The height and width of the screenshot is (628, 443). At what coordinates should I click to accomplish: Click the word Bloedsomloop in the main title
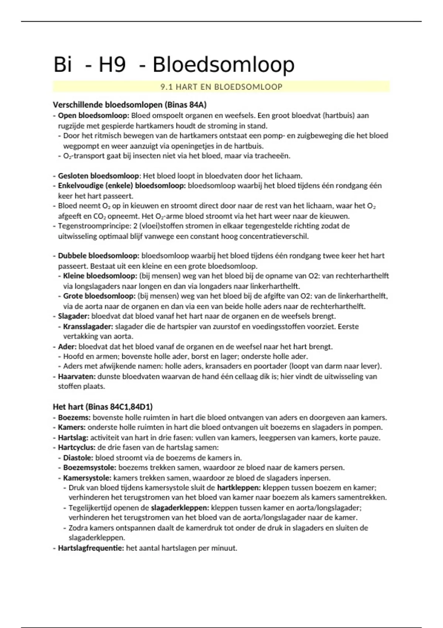pyautogui.click(x=223, y=65)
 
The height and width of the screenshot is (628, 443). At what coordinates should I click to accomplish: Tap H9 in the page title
pyautogui.click(x=112, y=65)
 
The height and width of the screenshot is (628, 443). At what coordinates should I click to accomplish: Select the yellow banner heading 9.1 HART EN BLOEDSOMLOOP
pyautogui.click(x=221, y=87)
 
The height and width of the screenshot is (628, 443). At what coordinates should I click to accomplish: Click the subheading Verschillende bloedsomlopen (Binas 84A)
pyautogui.click(x=130, y=105)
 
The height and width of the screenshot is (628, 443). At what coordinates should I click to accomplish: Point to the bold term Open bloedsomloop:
pyautogui.click(x=93, y=116)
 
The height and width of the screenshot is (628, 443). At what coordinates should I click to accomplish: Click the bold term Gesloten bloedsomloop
pyautogui.click(x=99, y=176)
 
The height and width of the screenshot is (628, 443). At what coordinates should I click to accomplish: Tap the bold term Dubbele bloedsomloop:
pyautogui.click(x=99, y=256)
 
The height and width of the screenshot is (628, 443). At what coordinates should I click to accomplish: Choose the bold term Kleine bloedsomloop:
pyautogui.click(x=100, y=276)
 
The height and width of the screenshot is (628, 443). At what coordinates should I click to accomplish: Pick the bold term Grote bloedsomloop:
pyautogui.click(x=99, y=296)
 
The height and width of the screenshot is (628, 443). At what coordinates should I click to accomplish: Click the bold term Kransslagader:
pyautogui.click(x=88, y=327)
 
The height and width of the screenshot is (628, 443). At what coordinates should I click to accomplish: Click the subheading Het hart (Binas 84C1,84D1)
pyautogui.click(x=103, y=407)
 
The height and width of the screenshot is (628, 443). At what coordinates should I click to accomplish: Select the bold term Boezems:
pyautogui.click(x=74, y=417)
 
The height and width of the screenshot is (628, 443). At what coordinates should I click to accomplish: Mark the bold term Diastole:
pyautogui.click(x=78, y=458)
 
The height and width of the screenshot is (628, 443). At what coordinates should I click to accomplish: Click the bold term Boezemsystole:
pyautogui.click(x=90, y=468)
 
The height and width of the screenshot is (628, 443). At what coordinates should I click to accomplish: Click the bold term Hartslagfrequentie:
pyautogui.click(x=91, y=548)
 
